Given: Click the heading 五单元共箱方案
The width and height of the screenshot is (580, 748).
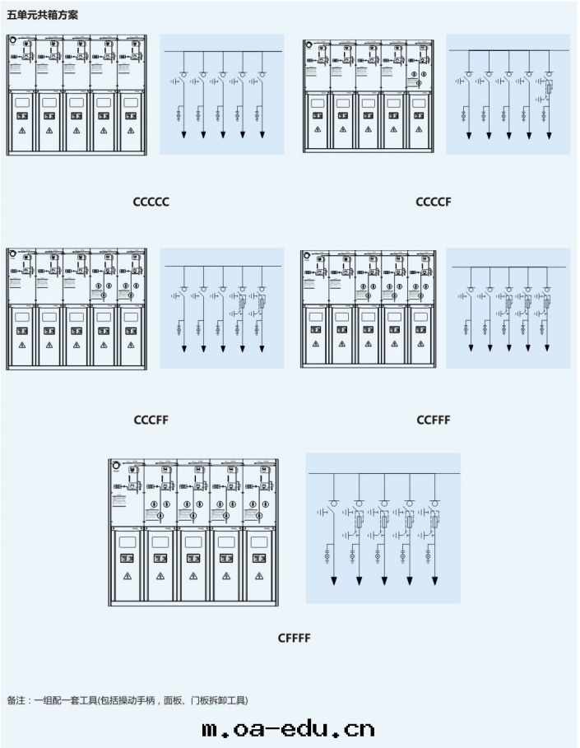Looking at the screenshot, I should click(43, 15).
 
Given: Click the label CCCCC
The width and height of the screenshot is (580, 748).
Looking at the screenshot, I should click(151, 202).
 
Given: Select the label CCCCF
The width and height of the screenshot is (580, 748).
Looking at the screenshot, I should click(434, 202).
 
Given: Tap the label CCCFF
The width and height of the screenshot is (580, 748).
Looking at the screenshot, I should click(151, 420).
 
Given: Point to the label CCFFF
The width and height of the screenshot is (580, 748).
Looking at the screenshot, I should click(434, 420).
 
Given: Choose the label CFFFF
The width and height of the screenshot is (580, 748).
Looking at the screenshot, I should click(294, 638).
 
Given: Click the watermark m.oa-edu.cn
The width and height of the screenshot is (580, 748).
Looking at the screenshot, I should click(288, 728).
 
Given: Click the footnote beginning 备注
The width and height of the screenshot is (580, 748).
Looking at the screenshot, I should click(128, 700).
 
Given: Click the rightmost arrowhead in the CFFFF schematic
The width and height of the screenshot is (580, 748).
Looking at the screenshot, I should click(434, 582).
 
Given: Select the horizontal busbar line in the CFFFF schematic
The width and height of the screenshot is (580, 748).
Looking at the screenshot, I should click(383, 475).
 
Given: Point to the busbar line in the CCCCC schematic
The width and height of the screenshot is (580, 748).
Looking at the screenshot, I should click(222, 52).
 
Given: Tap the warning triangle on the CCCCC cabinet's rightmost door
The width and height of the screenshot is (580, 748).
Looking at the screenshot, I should click(130, 130).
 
